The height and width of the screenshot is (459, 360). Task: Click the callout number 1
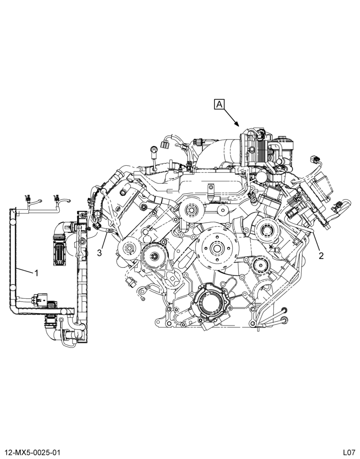[x=37, y=273]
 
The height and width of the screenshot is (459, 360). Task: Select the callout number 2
[x=321, y=256]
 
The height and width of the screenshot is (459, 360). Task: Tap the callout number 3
[x=100, y=253]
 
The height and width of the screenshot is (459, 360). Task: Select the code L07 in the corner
[x=350, y=453]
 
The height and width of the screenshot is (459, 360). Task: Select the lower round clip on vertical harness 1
[x=13, y=288]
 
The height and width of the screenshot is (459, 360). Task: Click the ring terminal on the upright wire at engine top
[x=153, y=150]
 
